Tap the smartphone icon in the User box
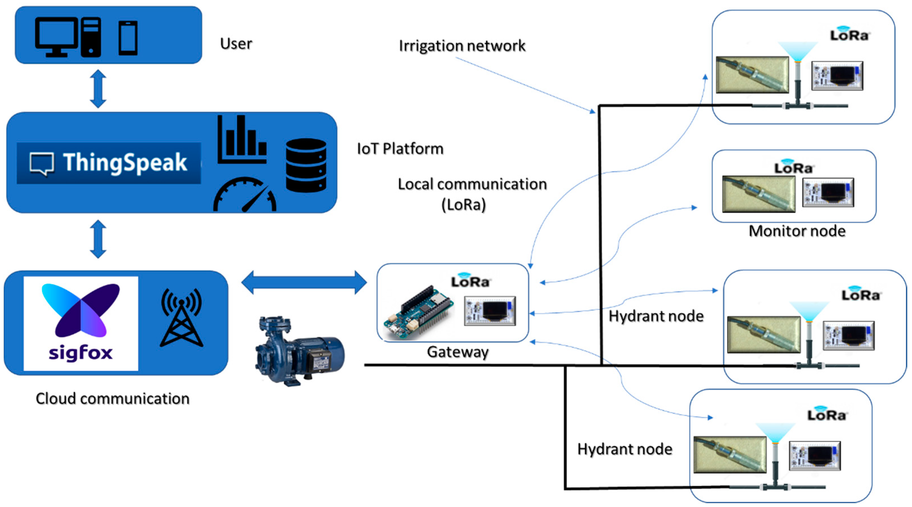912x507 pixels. (128, 38)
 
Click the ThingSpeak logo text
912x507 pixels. (125, 162)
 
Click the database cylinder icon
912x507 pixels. (306, 165)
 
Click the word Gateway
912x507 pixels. (457, 352)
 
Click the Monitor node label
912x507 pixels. (797, 231)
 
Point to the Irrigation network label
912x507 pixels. (462, 46)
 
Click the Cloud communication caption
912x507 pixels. (113, 398)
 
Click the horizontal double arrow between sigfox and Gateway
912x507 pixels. (304, 283)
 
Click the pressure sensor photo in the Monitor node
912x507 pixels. (758, 194)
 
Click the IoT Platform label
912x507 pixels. (400, 148)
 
